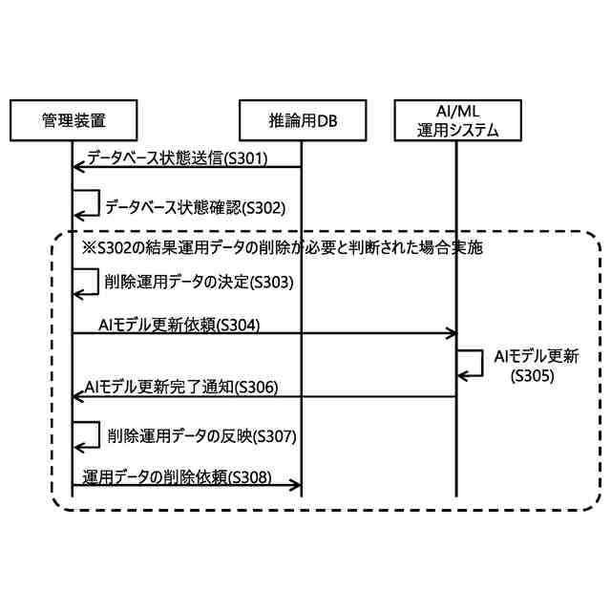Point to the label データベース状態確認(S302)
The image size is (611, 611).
(194, 205)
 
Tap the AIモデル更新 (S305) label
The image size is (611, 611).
(536, 366)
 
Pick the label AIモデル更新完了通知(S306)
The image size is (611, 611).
(181, 387)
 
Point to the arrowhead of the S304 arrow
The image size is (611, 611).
(452, 334)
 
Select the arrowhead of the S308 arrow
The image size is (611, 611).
(297, 486)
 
